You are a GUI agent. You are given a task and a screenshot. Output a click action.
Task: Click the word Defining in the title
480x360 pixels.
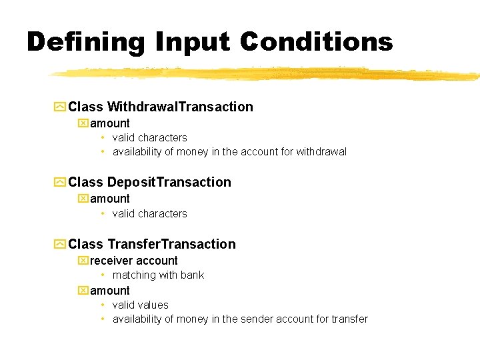click(x=86, y=42)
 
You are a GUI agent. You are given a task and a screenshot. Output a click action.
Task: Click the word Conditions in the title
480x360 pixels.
click(x=317, y=42)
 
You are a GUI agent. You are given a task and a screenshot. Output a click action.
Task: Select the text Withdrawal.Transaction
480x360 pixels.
click(x=180, y=107)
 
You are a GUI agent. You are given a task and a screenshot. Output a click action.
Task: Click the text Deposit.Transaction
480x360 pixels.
click(x=169, y=182)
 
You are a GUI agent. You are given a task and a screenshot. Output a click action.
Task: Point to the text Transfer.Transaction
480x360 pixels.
click(x=171, y=244)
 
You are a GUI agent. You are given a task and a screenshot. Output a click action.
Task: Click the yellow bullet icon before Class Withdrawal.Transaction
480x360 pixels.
click(x=60, y=107)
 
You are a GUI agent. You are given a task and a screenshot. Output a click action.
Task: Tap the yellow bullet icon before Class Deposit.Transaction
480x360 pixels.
click(x=60, y=182)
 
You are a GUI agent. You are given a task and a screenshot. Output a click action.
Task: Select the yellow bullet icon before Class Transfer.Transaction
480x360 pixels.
click(x=60, y=244)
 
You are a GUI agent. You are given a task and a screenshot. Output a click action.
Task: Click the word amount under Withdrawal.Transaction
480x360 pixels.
click(x=110, y=123)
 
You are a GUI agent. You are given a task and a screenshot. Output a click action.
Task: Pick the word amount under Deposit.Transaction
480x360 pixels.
click(x=110, y=199)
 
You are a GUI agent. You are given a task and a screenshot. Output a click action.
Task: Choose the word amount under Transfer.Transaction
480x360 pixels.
click(x=110, y=291)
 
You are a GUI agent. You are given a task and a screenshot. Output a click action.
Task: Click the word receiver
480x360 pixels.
click(x=111, y=261)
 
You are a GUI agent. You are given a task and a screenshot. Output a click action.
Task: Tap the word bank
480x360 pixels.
click(x=192, y=275)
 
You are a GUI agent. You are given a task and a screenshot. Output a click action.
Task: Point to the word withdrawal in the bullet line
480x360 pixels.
click(x=322, y=152)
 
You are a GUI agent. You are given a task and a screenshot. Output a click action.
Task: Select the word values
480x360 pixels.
click(x=153, y=305)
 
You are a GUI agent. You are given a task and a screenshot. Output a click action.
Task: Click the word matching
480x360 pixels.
click(x=133, y=275)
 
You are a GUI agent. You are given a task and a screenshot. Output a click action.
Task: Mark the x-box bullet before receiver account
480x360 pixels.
click(x=83, y=261)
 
